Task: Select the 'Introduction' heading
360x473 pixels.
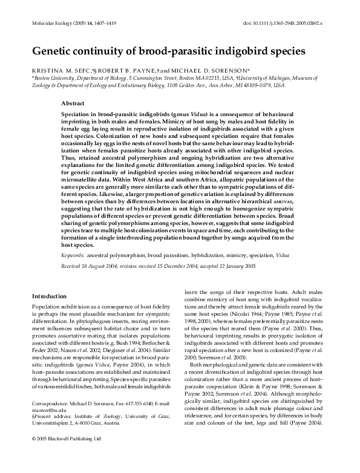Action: tap(48, 296)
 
